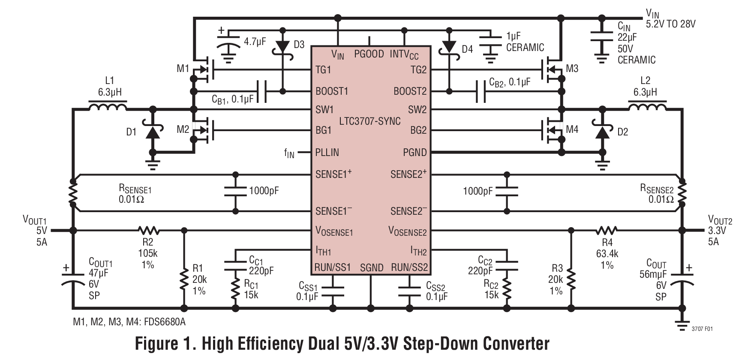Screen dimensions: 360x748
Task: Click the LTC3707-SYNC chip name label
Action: click(x=369, y=121)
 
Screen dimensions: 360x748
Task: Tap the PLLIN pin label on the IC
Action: click(x=327, y=152)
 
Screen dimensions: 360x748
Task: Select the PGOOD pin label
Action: click(x=369, y=54)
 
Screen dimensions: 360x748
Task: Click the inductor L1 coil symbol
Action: click(x=108, y=106)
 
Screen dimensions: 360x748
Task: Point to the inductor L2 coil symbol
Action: click(x=647, y=106)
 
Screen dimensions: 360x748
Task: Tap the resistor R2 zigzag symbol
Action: click(x=149, y=231)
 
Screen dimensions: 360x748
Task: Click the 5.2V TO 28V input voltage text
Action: click(x=670, y=24)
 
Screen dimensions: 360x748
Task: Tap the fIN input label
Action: click(x=289, y=153)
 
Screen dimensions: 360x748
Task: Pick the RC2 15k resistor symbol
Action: click(x=507, y=291)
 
